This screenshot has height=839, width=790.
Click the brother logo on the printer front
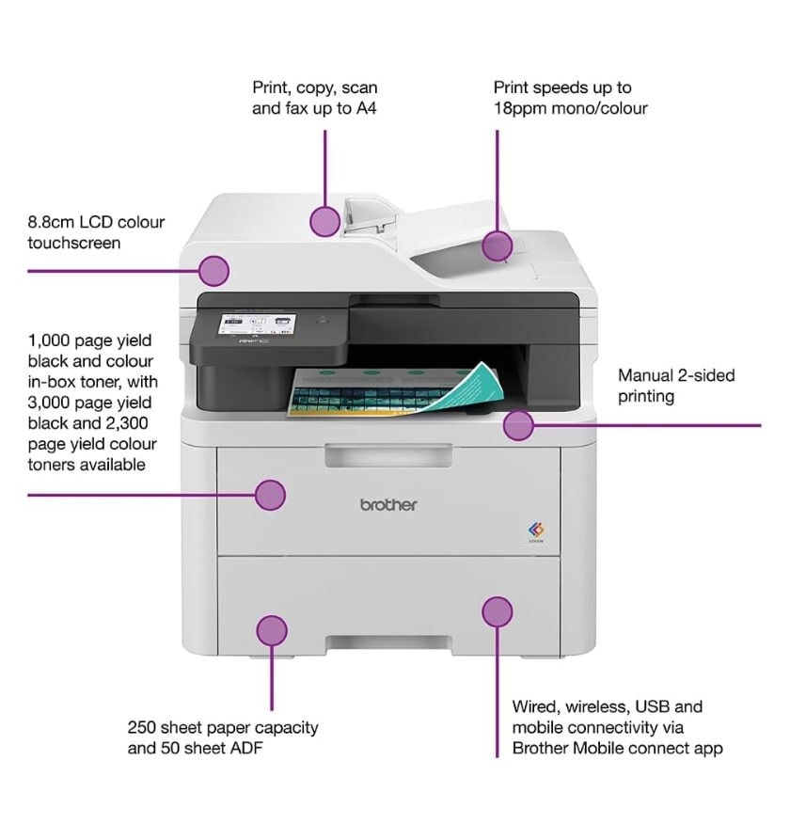pos(388,504)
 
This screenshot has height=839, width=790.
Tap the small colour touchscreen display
pos(257,325)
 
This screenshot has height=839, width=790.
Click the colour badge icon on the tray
pos(536,531)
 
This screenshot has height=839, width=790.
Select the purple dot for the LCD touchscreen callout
pos(213,270)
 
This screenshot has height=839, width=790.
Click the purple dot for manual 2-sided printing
pos(518,425)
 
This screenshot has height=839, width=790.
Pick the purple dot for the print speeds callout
pos(497,246)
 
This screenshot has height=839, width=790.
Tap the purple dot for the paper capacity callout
pos(272,630)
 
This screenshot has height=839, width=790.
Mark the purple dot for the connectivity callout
pos(497,611)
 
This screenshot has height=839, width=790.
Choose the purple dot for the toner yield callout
pos(270,495)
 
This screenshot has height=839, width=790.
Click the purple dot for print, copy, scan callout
pos(324,221)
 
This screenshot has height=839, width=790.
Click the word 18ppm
pos(520,108)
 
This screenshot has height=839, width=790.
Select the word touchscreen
pos(74,243)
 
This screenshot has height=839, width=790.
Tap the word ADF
pos(246,748)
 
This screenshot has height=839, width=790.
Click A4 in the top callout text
pos(367,108)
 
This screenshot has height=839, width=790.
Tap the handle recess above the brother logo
pos(388,455)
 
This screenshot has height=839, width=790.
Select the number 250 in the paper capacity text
pos(141,728)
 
